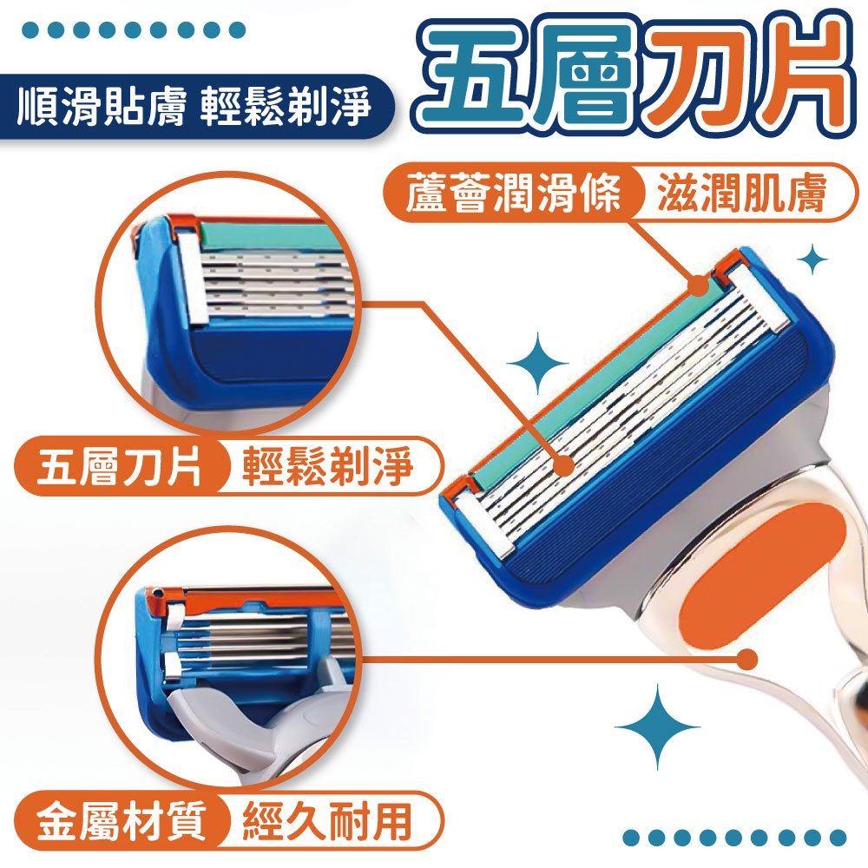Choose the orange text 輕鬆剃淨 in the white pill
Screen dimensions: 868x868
tap(328, 466)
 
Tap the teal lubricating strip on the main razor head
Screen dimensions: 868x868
tap(598, 382)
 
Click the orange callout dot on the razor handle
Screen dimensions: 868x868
tap(747, 659)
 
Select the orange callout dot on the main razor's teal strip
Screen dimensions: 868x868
tap(699, 286)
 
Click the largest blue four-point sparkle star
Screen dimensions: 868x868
tap(657, 727)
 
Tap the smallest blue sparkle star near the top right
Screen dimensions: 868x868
tap(812, 259)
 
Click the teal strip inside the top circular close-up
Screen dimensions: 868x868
tap(274, 237)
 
